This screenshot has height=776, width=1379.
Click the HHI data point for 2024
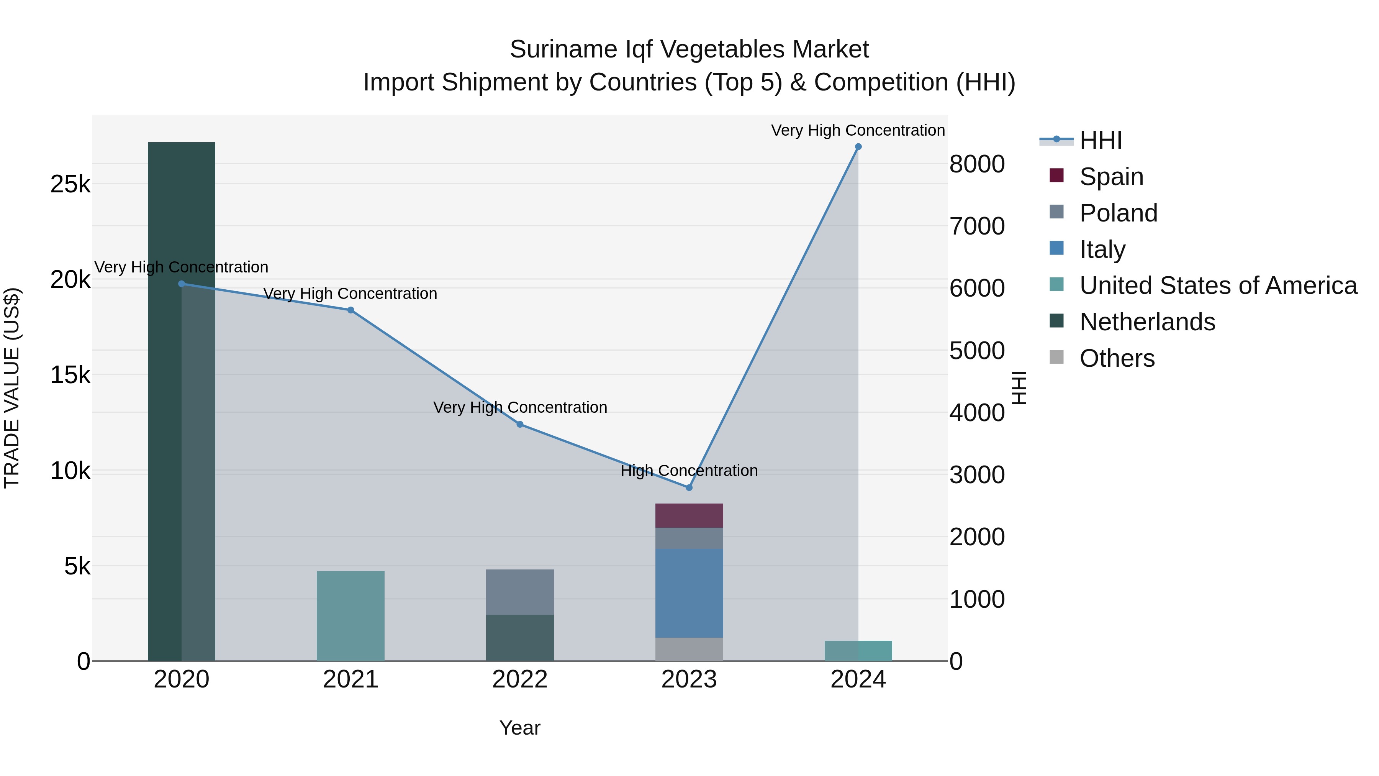858,147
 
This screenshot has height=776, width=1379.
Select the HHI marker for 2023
689,487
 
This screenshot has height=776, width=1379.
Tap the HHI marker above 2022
520,424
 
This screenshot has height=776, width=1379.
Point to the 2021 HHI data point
350,310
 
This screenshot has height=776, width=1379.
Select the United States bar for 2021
350,616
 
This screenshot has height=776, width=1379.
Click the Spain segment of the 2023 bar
689,515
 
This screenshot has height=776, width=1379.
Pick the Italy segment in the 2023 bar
689,593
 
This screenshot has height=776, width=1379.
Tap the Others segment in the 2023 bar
689,649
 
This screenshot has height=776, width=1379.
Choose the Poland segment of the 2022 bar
520,592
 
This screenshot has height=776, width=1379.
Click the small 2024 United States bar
858,651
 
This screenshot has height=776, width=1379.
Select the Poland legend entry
1118,213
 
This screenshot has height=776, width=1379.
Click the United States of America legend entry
1218,286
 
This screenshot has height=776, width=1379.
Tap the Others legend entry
1117,358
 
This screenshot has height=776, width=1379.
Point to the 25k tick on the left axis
70,185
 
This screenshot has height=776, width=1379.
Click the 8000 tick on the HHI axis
977,164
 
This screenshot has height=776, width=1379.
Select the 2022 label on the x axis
520,679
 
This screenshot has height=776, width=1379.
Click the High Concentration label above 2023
689,471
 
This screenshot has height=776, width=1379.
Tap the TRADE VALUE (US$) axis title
12,388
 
